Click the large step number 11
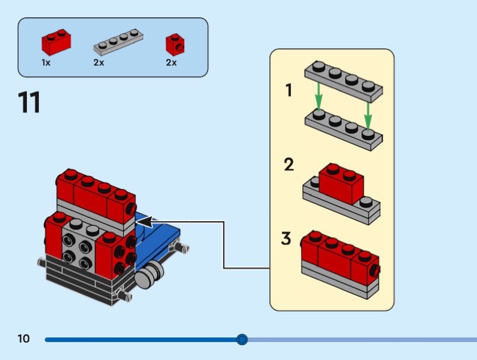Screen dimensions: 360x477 click(30, 103)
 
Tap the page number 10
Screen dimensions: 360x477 click(23, 339)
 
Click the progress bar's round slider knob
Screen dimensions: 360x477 click(242, 340)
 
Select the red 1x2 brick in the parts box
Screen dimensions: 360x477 click(57, 42)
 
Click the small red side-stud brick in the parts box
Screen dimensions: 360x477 click(174, 43)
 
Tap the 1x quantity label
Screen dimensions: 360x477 click(47, 63)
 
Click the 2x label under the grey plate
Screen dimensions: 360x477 click(98, 63)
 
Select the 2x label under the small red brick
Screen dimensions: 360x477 click(171, 63)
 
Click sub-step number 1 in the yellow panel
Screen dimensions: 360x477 click(289, 91)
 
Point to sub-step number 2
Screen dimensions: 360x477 click(289, 165)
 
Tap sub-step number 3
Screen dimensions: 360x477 click(287, 239)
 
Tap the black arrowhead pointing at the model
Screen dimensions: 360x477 click(144, 222)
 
